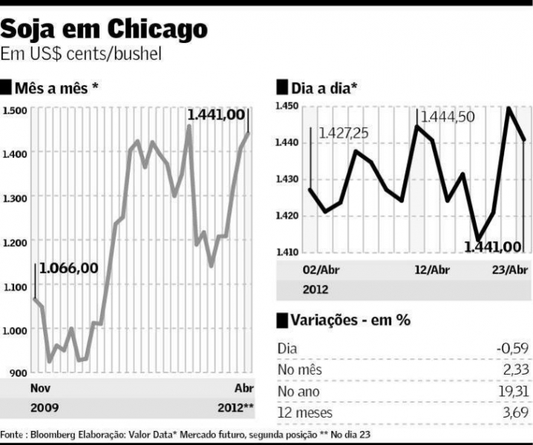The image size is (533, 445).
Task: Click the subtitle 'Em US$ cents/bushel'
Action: [81, 54]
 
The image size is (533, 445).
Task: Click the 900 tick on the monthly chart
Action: [17, 373]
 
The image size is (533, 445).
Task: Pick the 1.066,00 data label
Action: [68, 268]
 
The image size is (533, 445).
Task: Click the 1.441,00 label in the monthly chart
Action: [215, 115]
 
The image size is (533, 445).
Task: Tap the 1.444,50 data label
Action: [448, 117]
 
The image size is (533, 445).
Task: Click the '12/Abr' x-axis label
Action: [432, 269]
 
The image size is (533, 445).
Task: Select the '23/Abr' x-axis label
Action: [510, 269]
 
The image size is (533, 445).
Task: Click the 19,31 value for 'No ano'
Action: [511, 391]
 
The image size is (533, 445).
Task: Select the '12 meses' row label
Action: [305, 412]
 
